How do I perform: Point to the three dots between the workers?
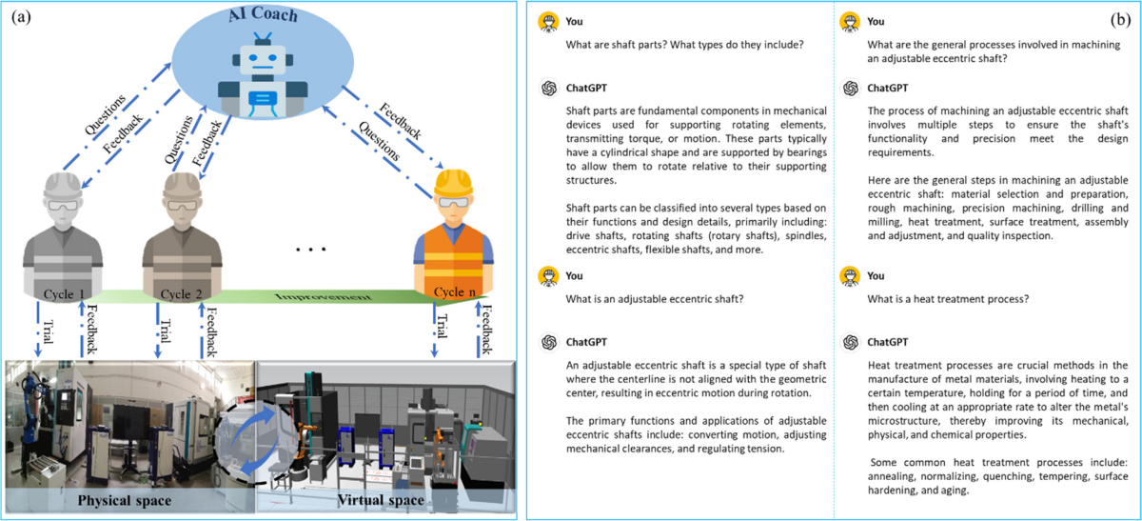311,250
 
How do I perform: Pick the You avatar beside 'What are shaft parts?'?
547,21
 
